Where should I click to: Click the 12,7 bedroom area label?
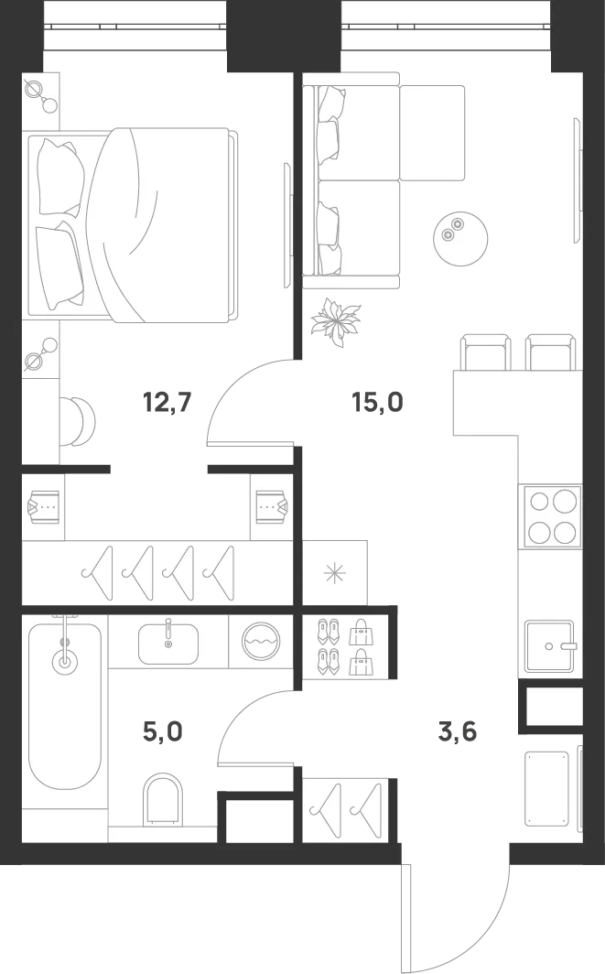point(167,403)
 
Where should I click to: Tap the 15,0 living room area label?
point(378,403)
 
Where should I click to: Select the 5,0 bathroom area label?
point(163,731)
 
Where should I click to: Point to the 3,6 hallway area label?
point(458,731)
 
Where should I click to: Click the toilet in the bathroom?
point(163,800)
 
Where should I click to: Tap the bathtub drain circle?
point(65,660)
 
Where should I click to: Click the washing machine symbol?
point(261,641)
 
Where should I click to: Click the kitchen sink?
point(549,646)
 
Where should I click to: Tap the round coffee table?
point(460,239)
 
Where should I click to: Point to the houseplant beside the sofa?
point(335,320)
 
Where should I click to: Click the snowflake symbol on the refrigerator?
point(335,573)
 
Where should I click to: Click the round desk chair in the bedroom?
point(80,421)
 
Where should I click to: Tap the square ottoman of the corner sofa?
point(432,133)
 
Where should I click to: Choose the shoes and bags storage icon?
point(347,646)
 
